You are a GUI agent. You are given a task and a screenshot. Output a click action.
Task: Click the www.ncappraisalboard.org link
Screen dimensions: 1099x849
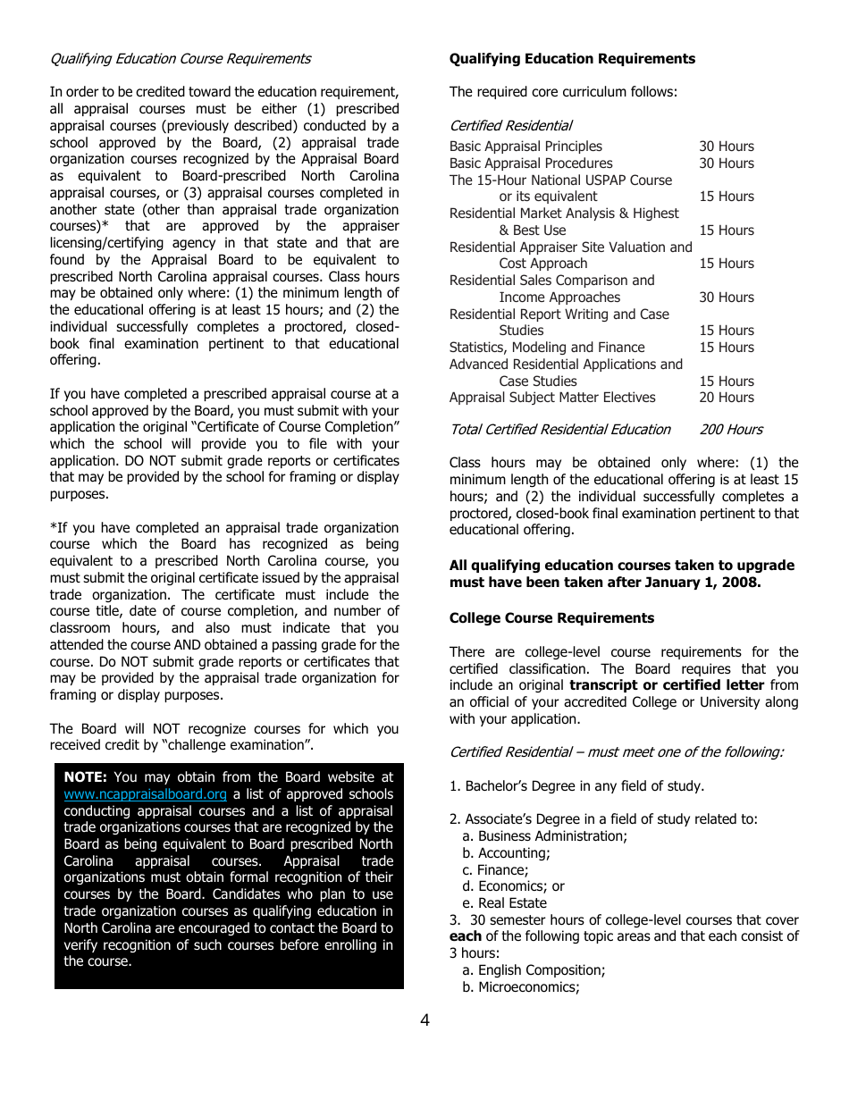coord(145,794)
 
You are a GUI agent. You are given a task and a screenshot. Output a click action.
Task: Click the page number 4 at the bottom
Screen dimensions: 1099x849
coord(424,1020)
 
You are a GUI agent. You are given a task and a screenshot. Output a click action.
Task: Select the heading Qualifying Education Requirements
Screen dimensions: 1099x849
coord(572,59)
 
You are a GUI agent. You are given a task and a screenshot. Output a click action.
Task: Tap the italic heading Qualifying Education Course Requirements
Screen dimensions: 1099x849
coord(181,59)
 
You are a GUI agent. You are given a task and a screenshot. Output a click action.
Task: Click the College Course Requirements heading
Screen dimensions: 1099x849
coord(551,618)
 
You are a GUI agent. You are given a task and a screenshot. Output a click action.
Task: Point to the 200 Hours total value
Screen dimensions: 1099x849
coord(731,430)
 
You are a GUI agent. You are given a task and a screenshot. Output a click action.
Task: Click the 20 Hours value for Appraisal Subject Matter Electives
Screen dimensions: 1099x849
coord(726,398)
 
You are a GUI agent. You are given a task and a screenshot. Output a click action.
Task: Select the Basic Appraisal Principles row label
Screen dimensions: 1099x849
coord(525,147)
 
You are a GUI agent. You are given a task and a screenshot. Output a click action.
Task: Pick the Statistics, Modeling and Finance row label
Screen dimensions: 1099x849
coord(546,348)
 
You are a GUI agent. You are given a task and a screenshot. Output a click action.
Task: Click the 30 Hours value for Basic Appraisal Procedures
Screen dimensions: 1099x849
coord(726,164)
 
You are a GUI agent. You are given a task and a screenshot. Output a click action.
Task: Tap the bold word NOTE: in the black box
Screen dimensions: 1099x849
coord(86,777)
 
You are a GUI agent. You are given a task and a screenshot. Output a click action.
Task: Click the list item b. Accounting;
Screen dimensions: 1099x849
coord(506,853)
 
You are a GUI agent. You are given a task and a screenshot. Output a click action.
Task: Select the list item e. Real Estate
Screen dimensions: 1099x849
coord(504,903)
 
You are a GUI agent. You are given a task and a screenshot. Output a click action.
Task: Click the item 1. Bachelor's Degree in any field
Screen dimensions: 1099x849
coord(576,786)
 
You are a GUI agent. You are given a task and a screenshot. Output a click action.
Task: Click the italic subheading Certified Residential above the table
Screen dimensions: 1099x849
coord(510,126)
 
